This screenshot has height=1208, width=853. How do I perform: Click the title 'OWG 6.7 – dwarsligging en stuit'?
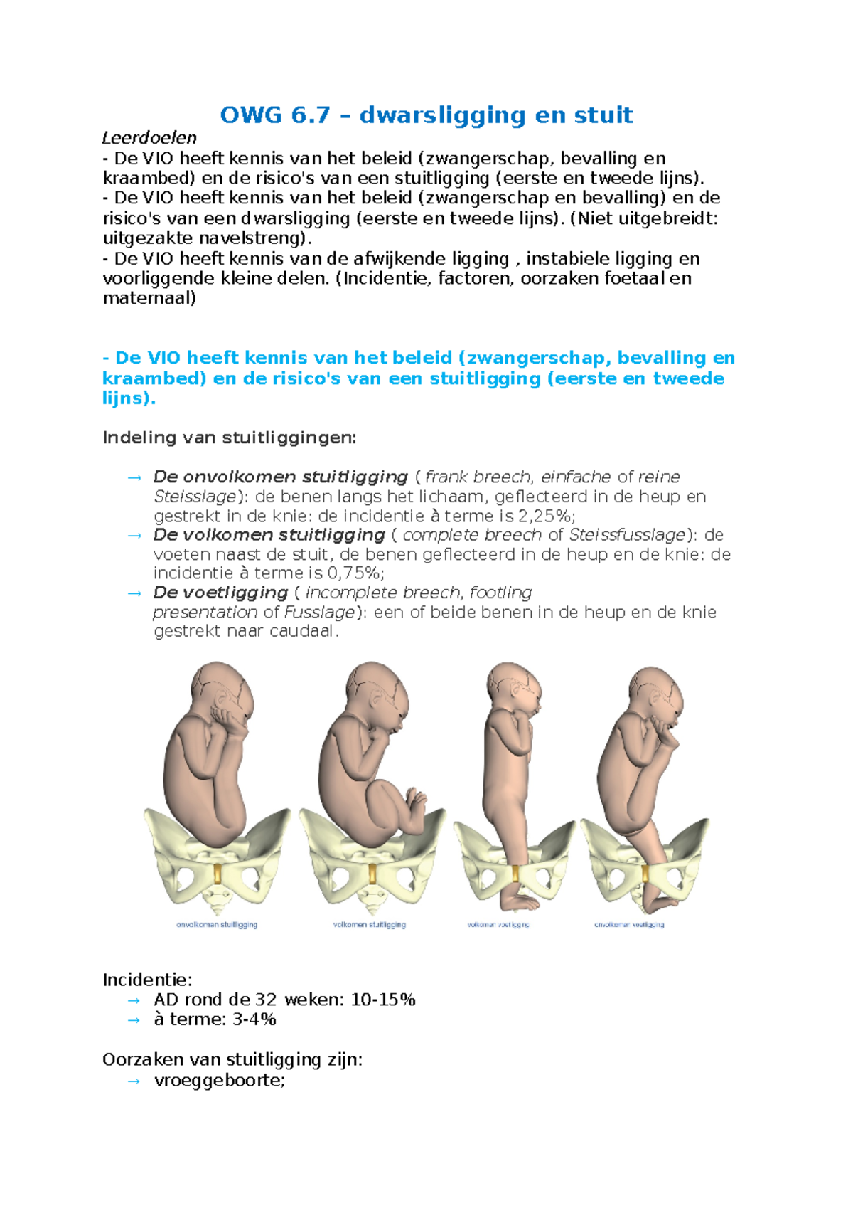pyautogui.click(x=426, y=115)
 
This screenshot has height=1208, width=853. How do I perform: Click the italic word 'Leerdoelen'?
pyautogui.click(x=149, y=137)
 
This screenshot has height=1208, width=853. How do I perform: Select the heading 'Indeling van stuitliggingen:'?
pyautogui.click(x=229, y=437)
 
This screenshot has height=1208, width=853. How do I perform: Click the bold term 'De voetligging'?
pyautogui.click(x=220, y=592)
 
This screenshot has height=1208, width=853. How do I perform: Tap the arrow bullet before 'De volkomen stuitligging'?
pyautogui.click(x=134, y=535)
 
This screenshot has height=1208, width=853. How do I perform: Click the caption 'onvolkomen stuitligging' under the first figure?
pyautogui.click(x=217, y=925)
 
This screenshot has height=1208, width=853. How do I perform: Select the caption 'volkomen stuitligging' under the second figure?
pyautogui.click(x=370, y=925)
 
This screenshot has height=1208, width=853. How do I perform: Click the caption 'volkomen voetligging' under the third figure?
pyautogui.click(x=498, y=925)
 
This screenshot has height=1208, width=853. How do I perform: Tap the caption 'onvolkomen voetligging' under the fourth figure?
pyautogui.click(x=629, y=925)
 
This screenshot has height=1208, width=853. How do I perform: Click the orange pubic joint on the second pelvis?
pyautogui.click(x=371, y=874)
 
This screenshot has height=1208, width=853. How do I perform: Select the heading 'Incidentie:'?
pyautogui.click(x=147, y=980)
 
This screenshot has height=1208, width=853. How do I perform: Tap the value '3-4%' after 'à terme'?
pyautogui.click(x=254, y=1019)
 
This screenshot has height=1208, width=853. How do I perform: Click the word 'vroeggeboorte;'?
pyautogui.click(x=219, y=1080)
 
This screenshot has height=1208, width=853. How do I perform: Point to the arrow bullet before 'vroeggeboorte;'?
pyautogui.click(x=134, y=1080)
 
